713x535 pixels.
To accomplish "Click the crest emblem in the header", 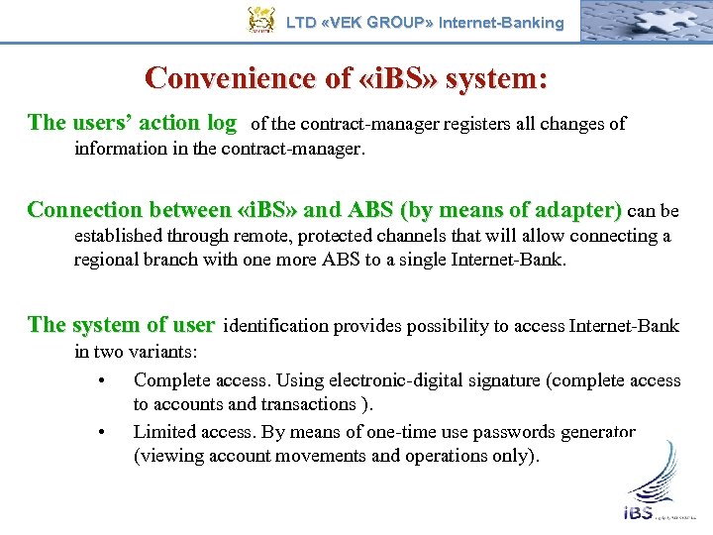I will pos(260,21).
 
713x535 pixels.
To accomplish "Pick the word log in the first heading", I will pos(220,123).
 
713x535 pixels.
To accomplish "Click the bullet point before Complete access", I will pos(103,380).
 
